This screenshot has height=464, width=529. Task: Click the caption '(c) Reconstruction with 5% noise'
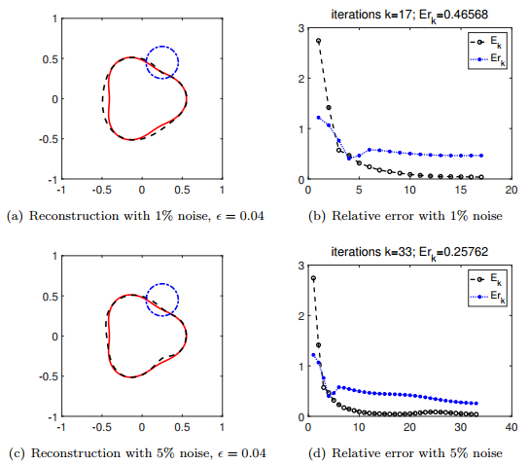tap(131, 451)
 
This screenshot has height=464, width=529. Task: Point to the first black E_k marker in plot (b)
tap(319, 41)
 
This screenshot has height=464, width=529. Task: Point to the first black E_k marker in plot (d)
tap(313, 278)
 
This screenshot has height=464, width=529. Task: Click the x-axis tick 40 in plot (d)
tap(510, 426)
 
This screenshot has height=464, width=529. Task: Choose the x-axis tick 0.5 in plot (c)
tap(182, 426)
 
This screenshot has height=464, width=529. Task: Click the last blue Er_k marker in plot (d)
tap(475, 403)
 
